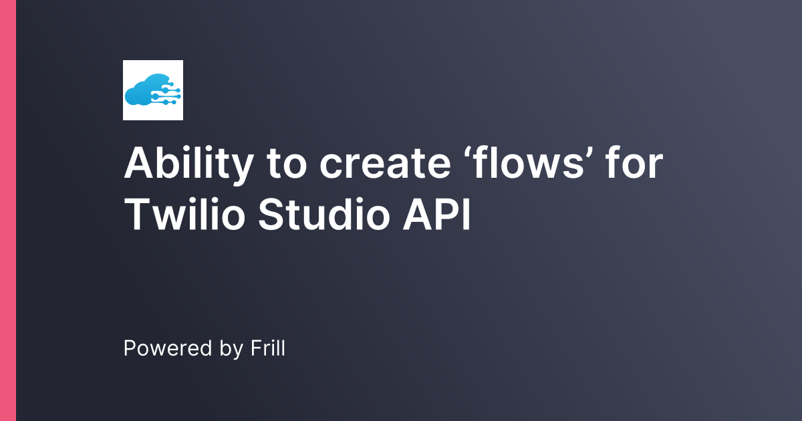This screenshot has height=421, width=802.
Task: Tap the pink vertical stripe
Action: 7,210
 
